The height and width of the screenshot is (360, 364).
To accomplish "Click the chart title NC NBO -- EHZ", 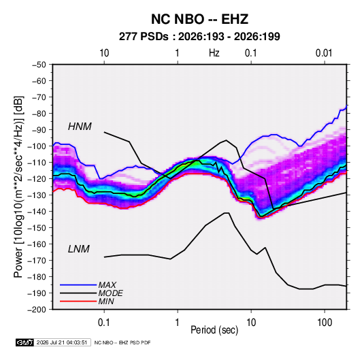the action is click(x=199, y=19).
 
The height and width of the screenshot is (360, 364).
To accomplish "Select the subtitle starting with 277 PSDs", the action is click(x=199, y=37).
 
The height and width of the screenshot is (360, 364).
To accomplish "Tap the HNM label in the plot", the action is click(x=80, y=127).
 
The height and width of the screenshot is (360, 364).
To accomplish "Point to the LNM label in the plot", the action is click(x=79, y=249).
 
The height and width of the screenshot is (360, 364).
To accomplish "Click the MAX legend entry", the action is click(x=107, y=285).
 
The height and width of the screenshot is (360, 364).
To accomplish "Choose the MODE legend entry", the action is click(x=110, y=293).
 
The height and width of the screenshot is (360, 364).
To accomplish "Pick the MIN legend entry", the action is click(x=106, y=301).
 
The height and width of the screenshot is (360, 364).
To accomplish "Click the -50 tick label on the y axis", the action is click(x=39, y=65).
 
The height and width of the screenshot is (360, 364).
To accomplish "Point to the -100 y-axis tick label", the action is click(x=37, y=146).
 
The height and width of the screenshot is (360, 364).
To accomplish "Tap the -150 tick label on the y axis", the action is click(x=37, y=228).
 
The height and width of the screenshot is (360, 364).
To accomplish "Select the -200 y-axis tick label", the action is click(x=37, y=310).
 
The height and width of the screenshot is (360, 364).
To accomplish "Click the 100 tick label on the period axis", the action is click(x=325, y=323).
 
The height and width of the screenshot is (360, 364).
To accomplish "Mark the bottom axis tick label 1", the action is click(x=177, y=323).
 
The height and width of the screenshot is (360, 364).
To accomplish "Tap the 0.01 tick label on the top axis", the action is click(x=324, y=53).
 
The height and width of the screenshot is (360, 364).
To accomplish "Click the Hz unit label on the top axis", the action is click(x=214, y=53).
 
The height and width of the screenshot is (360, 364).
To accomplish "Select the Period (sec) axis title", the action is click(x=214, y=330).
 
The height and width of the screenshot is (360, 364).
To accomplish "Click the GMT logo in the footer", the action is click(x=24, y=342).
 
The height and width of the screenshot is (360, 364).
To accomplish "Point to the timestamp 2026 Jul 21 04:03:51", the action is click(x=62, y=342).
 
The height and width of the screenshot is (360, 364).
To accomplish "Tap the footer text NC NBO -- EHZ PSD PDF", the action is click(x=122, y=342).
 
